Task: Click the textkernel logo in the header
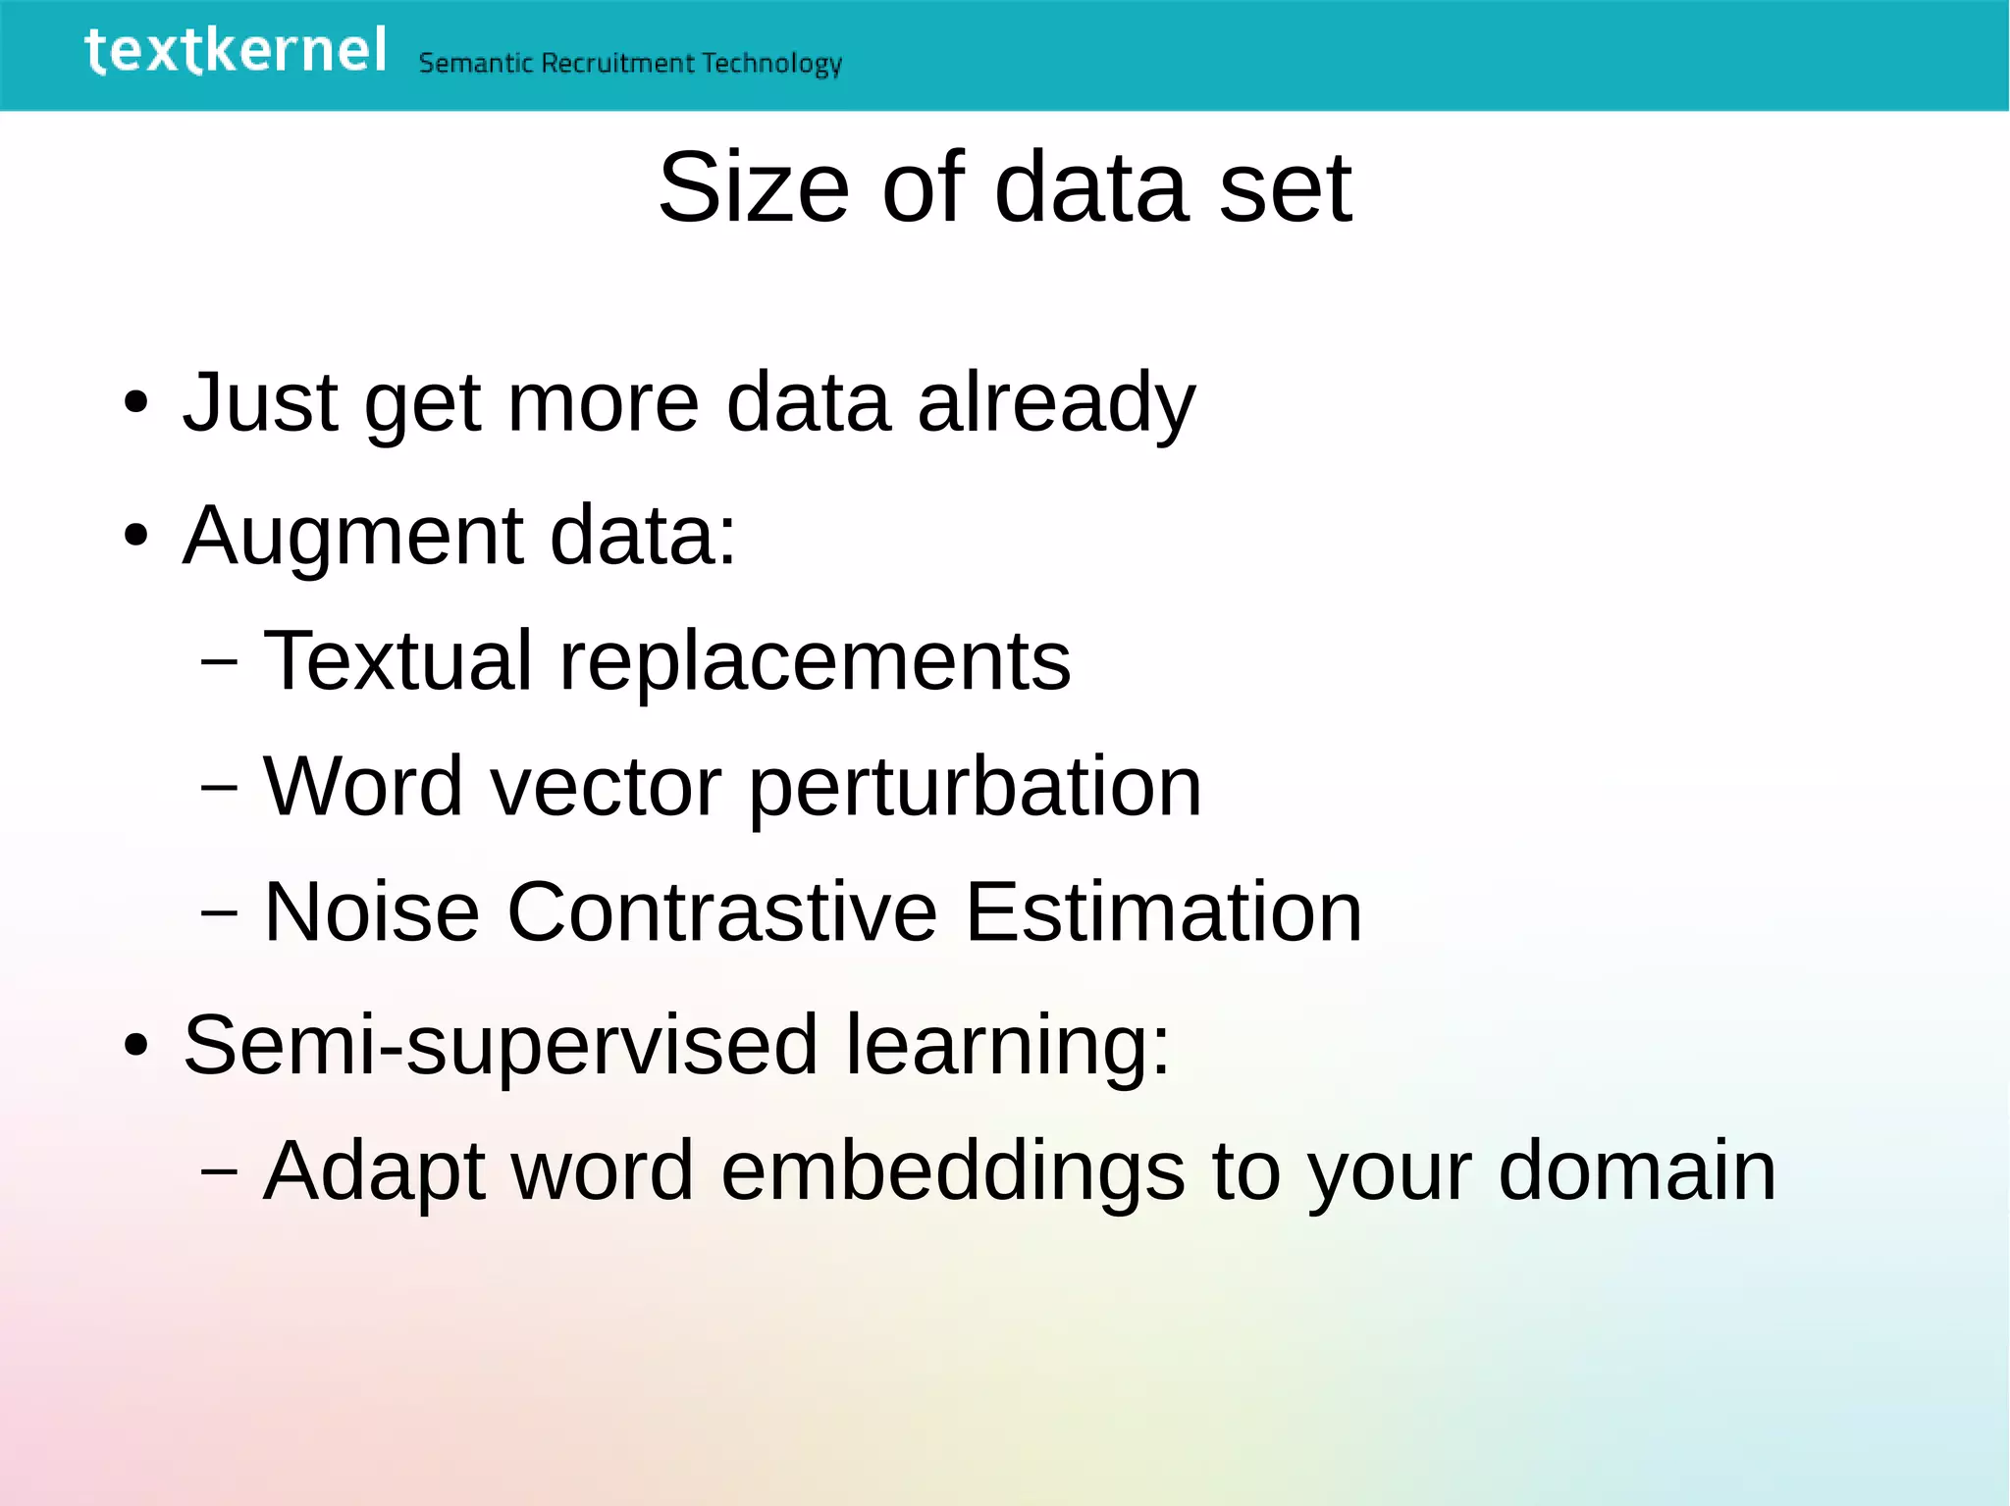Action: click(236, 51)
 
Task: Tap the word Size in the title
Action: click(753, 188)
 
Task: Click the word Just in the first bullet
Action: click(260, 402)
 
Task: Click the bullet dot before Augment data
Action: click(135, 537)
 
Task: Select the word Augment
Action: click(353, 538)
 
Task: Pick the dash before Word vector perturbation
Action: click(218, 787)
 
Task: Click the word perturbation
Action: click(976, 789)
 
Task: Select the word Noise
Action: click(371, 912)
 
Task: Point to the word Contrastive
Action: click(721, 912)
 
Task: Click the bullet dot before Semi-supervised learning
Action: click(135, 1046)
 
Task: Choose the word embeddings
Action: click(952, 1170)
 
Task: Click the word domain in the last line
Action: click(1636, 1170)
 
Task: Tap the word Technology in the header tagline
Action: click(771, 64)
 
